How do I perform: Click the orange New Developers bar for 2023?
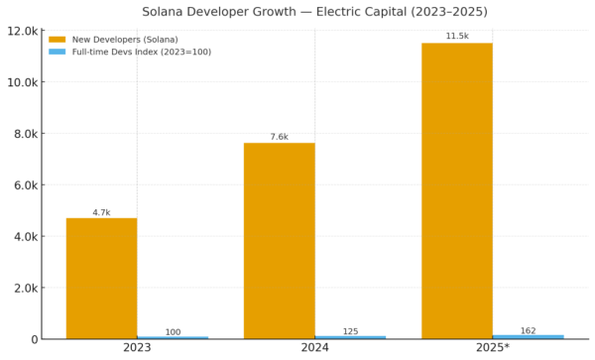pos(101,279)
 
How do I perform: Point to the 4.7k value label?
pos(101,210)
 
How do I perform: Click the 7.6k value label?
pos(279,136)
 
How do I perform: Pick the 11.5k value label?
pos(456,36)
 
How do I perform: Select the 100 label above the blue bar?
pos(173,331)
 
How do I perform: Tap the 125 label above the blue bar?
pos(350,331)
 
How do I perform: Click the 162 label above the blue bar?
pos(528,330)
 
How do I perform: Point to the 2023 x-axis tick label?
pos(137,349)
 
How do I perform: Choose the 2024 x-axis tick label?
pos(314,349)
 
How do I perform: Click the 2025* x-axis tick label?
pos(492,349)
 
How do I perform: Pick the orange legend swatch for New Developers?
pos(57,40)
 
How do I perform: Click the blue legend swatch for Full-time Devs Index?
pos(57,52)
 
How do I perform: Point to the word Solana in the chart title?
pos(169,11)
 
